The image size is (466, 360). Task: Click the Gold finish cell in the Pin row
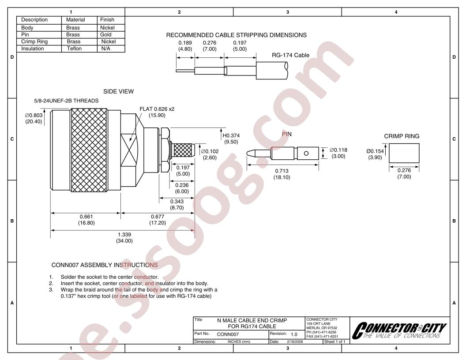[x=105, y=34]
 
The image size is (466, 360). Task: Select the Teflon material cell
[x=74, y=49]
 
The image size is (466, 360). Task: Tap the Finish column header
[x=107, y=19]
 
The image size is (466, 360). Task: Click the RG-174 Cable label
[x=290, y=55]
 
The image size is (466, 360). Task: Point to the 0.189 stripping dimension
[x=185, y=43]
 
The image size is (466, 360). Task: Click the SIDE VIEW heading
[x=118, y=91]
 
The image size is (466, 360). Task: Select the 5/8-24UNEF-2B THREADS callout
[x=66, y=101]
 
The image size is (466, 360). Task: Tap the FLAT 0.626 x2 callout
[x=157, y=109]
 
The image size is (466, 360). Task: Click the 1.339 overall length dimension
[x=124, y=234]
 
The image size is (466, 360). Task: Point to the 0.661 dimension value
[x=86, y=217]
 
